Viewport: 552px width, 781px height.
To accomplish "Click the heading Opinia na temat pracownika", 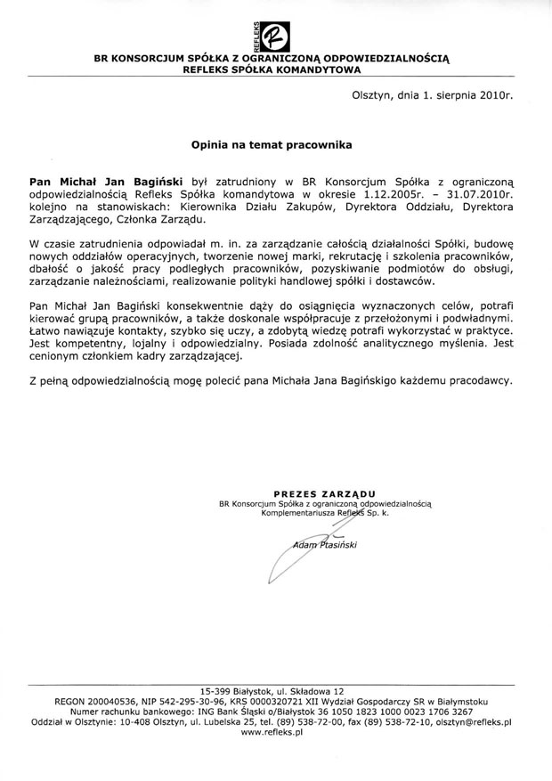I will point(272,142).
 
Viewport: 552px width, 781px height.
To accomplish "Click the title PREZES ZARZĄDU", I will point(324,492).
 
